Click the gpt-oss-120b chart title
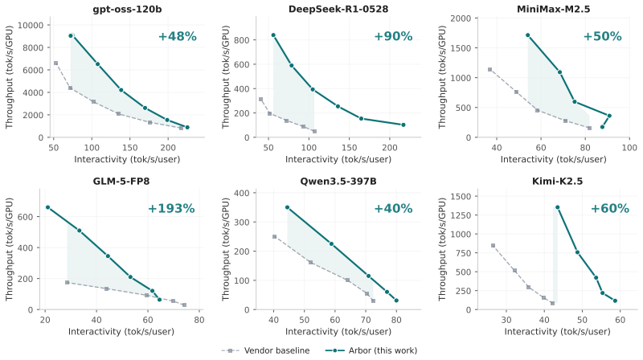point(127,9)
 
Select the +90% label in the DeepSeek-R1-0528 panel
point(393,36)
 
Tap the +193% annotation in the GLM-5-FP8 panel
point(171,209)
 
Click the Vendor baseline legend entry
point(266,350)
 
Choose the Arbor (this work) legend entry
point(371,350)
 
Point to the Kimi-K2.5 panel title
point(557,182)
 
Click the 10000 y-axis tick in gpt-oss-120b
point(31,26)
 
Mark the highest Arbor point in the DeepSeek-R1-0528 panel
point(273,35)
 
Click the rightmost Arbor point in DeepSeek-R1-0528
point(403,125)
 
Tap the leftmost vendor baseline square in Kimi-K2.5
point(493,246)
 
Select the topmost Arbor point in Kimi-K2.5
point(557,207)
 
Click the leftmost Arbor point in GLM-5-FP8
point(47,207)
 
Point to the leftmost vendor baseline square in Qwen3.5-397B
point(274,236)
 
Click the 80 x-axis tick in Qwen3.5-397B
point(396,320)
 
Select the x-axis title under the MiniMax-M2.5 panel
point(553,159)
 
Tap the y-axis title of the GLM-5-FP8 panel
point(10,249)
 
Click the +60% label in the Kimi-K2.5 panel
point(610,209)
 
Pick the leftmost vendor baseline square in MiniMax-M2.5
point(489,70)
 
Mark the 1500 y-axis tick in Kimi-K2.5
point(461,196)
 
